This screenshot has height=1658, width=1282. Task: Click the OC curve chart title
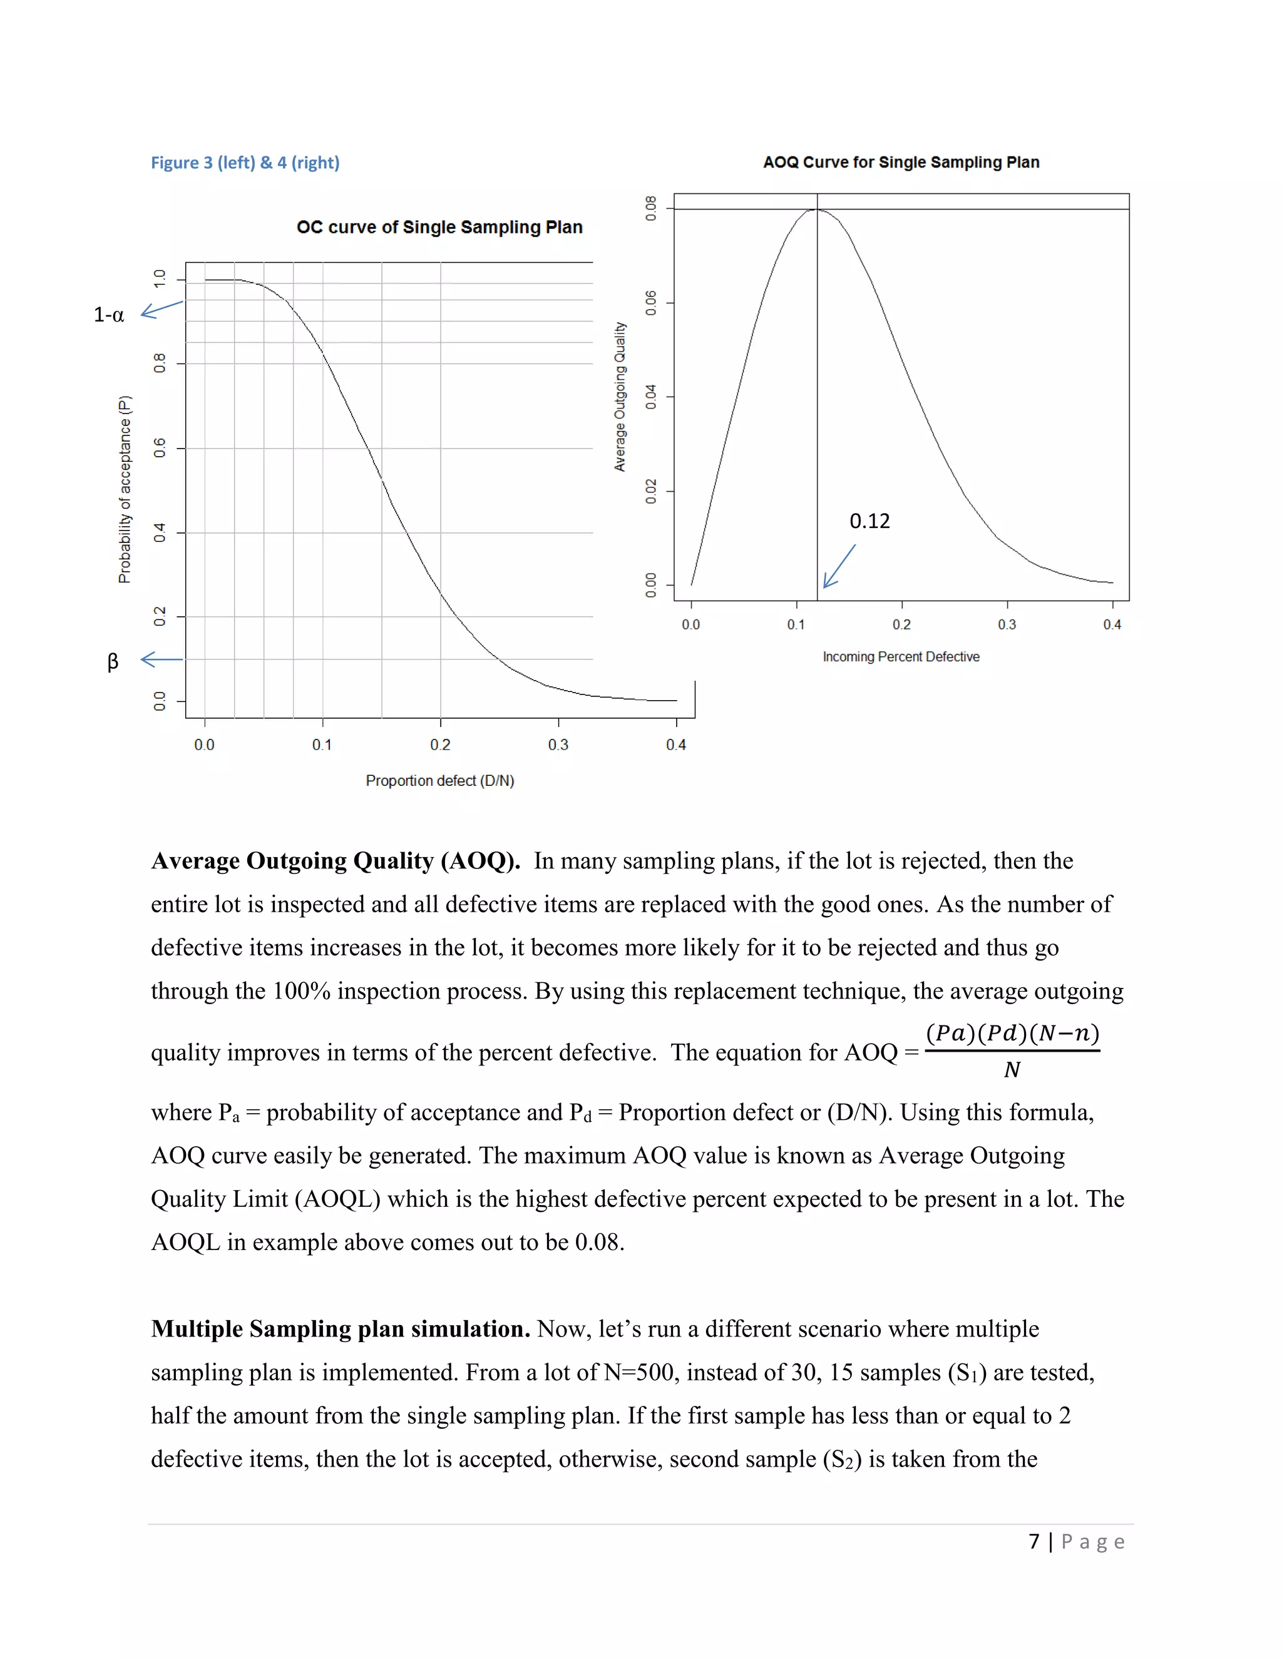439,227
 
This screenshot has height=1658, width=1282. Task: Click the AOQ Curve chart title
901,163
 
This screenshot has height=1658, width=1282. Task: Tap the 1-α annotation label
108,315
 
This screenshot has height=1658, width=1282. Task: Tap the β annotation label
113,661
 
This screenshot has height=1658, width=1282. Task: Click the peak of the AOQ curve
817,209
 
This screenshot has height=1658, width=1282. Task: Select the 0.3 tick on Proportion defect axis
558,745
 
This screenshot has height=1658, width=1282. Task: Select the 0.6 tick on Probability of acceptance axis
160,448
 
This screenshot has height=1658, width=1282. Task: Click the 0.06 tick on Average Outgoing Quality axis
651,302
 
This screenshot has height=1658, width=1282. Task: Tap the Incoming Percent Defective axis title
901,657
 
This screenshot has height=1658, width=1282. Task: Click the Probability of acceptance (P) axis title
125,490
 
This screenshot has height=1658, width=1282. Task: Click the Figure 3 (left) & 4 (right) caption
245,163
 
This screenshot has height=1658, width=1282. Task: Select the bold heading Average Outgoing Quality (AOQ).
335,861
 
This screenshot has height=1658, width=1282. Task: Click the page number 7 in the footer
1033,1542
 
